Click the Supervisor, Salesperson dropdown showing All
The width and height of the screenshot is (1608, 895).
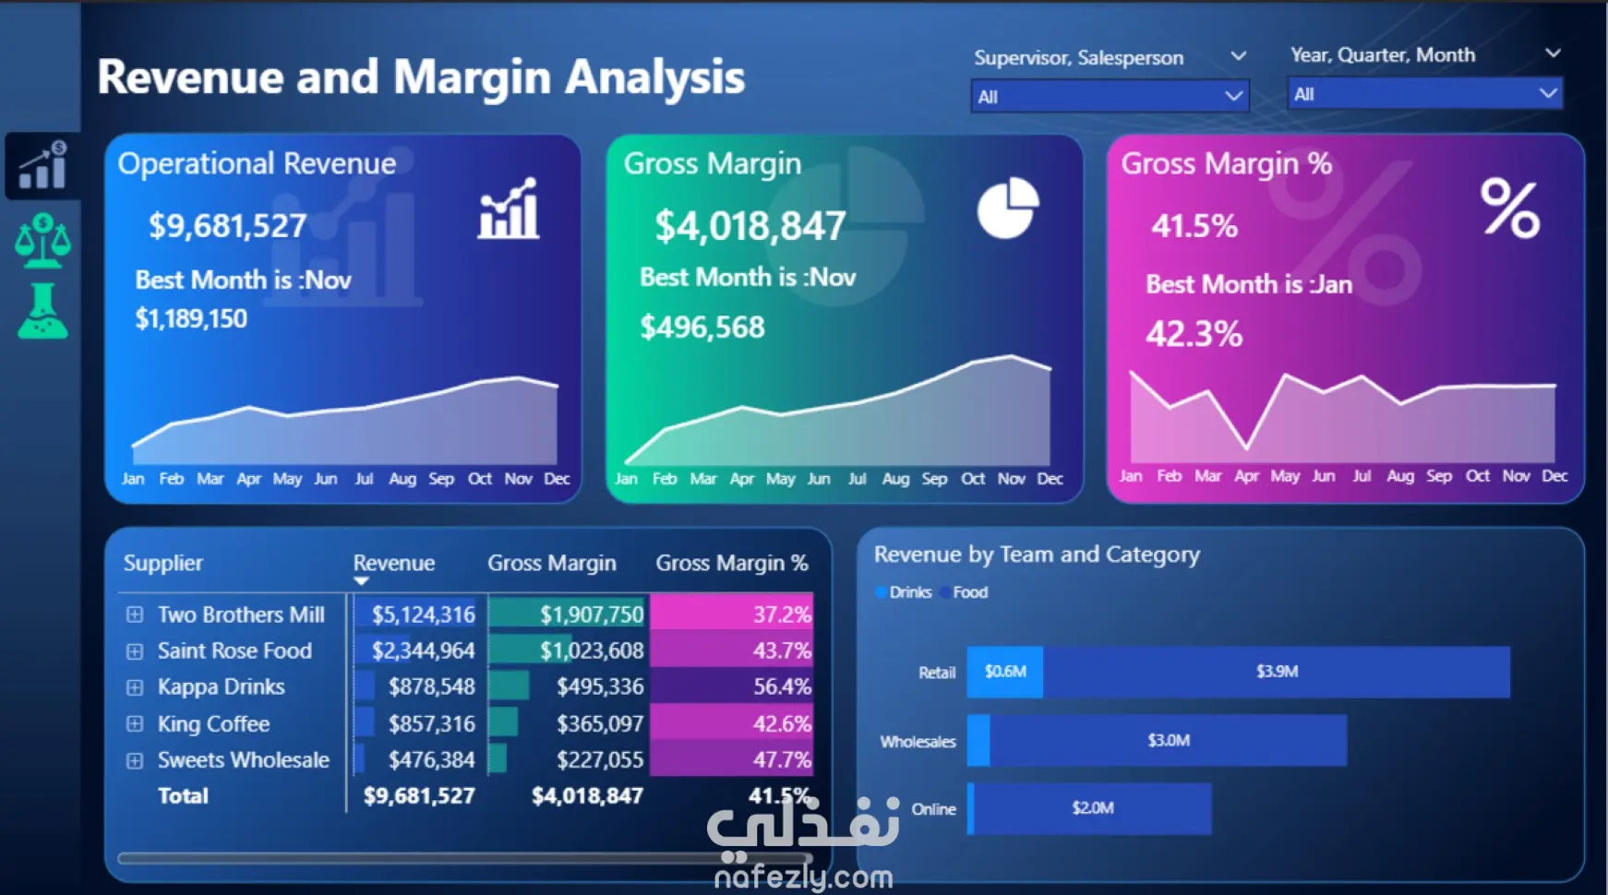1109,96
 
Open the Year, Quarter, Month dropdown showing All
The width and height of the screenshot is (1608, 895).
1424,93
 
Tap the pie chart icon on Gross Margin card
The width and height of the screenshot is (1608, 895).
1007,208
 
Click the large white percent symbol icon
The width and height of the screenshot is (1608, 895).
1509,209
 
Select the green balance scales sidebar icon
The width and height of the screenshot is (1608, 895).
42,241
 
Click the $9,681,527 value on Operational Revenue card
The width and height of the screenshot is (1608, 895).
227,226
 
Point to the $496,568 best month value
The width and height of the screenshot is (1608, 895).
702,328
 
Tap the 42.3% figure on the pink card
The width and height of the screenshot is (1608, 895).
1194,334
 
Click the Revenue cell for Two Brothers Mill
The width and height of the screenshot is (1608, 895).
423,615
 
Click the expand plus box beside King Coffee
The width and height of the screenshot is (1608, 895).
135,723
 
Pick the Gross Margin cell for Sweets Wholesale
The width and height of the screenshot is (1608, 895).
599,759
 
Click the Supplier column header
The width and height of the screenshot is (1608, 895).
163,563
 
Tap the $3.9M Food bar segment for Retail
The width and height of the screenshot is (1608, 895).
1277,672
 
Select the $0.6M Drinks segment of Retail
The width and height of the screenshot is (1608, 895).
1004,672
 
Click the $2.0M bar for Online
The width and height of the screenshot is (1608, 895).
1092,808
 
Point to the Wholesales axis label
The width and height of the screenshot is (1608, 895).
918,742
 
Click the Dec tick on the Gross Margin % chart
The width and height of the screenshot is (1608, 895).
1554,476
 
